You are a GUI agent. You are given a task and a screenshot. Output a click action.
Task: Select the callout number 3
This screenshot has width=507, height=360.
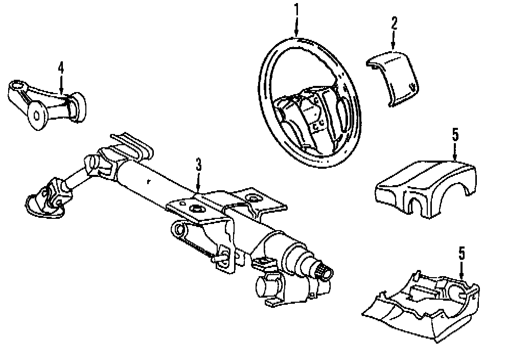pyautogui.click(x=199, y=165)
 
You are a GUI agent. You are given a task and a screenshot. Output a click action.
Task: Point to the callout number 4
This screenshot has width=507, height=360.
pyautogui.click(x=61, y=67)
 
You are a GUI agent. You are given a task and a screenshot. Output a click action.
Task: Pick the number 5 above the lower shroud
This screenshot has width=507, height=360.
pyautogui.click(x=461, y=252)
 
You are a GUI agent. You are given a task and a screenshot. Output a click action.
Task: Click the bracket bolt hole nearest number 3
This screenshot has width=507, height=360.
pyautogui.click(x=196, y=208)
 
